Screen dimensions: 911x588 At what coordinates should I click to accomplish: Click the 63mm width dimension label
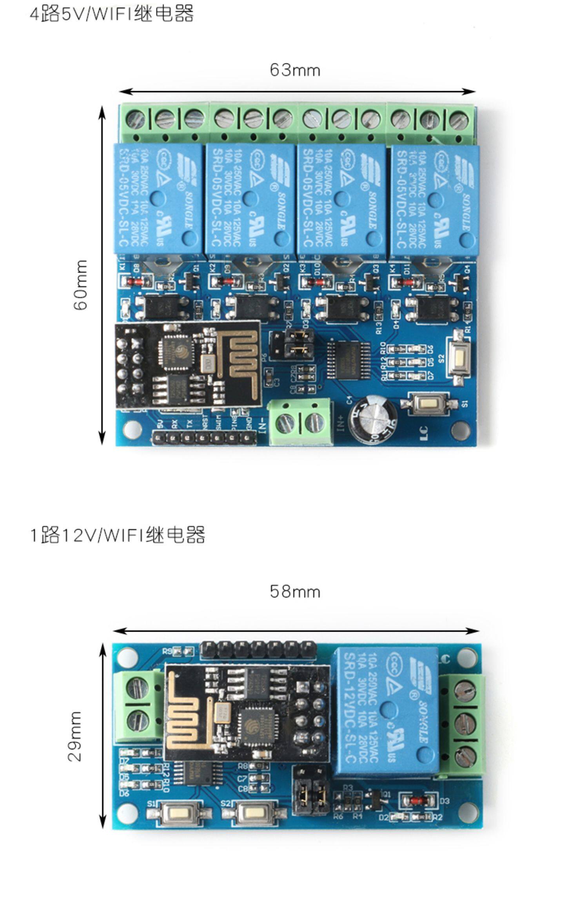pyautogui.click(x=295, y=70)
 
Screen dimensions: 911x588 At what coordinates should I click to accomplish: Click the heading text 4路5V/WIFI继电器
pyautogui.click(x=112, y=14)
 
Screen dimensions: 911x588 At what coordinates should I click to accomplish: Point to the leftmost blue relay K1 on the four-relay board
pyautogui.click(x=158, y=199)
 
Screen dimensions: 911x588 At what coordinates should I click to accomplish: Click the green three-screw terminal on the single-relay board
pyautogui.click(x=463, y=722)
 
